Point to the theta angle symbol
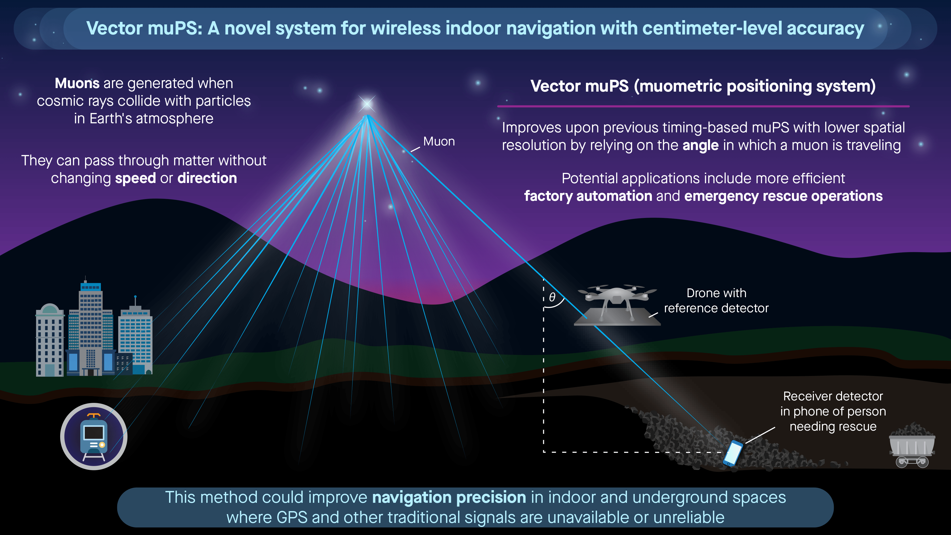552,297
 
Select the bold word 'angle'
700,145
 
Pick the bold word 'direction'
207,178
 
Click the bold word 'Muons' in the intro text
77,84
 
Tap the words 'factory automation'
588,196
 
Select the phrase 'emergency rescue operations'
783,196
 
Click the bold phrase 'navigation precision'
449,497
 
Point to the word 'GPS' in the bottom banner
292,518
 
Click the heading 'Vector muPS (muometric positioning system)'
703,86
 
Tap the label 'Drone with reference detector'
716,300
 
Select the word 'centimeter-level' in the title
712,28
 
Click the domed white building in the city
50,340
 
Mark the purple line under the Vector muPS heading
703,106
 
